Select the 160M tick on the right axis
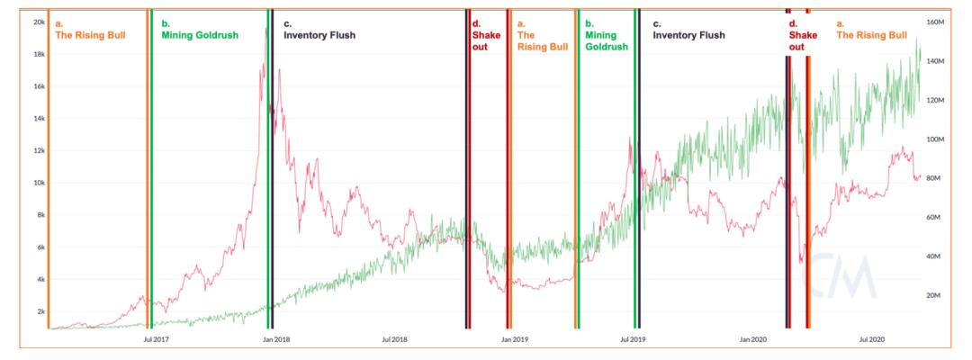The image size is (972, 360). point(933,22)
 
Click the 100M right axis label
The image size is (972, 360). point(933,139)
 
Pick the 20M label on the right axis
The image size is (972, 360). point(932,296)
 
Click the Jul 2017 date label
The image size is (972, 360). point(157,339)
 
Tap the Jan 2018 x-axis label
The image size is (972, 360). point(275,339)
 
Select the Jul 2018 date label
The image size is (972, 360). point(394,339)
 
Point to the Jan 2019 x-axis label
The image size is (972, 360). point(514,339)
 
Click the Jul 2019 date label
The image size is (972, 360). point(633,339)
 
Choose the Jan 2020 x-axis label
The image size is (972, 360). point(752,339)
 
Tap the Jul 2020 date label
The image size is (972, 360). point(871,339)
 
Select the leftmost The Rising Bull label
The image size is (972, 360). point(90,36)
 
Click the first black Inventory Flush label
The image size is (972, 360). point(319,36)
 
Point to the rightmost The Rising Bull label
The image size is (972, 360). point(871,36)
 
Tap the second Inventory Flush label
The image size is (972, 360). point(688,36)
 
